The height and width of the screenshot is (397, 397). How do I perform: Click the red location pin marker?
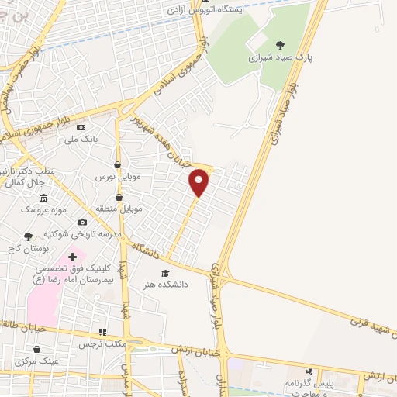coord(199,182)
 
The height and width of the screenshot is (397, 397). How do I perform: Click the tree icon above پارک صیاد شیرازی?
coord(279,45)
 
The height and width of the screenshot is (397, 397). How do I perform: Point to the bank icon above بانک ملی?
coord(81,127)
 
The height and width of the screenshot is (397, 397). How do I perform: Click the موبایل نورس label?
coord(116,177)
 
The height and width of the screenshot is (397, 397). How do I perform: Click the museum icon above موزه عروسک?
coord(43,197)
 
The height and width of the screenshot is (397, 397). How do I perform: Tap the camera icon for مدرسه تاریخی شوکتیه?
coord(83,222)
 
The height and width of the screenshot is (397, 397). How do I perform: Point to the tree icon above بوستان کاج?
coord(28,236)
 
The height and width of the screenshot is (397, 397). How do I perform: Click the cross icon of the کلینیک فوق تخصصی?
coord(73,256)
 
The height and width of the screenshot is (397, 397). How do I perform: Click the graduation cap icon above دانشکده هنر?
coord(164,273)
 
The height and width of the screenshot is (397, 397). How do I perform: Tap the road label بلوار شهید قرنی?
coord(363,326)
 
